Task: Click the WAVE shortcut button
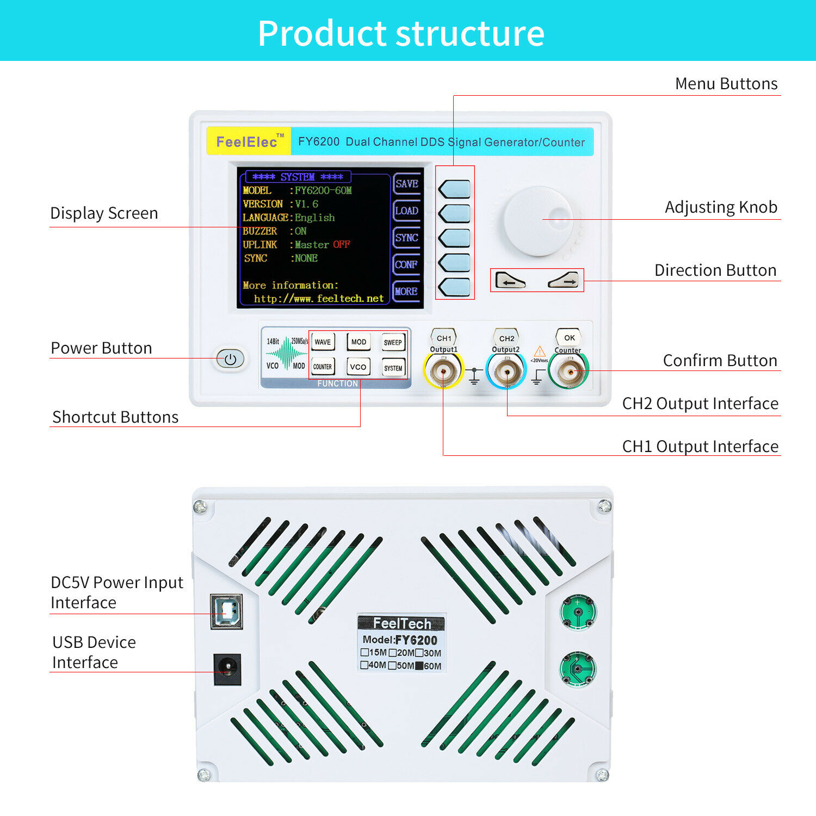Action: tap(323, 342)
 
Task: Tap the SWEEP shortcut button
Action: tap(393, 342)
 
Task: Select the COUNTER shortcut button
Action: tap(323, 367)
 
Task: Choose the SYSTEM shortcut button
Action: tap(393, 368)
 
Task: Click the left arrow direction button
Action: tap(510, 281)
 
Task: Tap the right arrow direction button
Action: tap(564, 281)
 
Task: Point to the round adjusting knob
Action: tap(538, 220)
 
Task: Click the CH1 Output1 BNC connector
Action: tap(443, 372)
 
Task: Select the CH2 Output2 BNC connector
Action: tap(506, 372)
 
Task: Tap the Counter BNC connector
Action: tap(569, 372)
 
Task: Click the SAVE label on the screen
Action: tap(406, 184)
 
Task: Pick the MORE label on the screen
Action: tap(406, 291)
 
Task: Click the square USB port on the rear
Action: tap(226, 611)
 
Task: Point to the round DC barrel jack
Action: tap(227, 669)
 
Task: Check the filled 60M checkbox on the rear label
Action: tap(419, 666)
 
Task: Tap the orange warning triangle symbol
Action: tap(539, 351)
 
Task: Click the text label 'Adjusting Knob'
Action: tap(721, 207)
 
